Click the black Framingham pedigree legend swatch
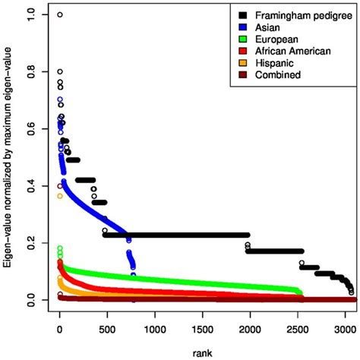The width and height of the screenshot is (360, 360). (242, 14)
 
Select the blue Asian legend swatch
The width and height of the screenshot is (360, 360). (242, 27)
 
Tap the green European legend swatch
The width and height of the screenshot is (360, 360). (242, 39)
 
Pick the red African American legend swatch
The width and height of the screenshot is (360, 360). (242, 51)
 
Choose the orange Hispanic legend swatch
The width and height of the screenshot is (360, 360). (242, 63)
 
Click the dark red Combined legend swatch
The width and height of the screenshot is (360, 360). (242, 75)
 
